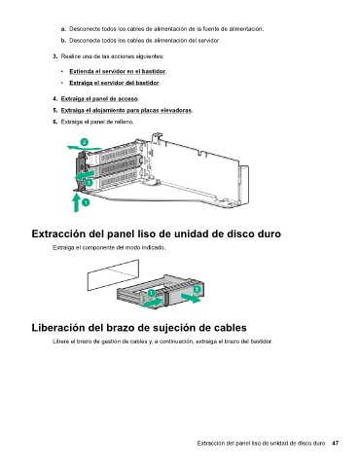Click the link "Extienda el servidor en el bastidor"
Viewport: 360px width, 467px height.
[118, 71]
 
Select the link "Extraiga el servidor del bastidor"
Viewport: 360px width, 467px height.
[114, 83]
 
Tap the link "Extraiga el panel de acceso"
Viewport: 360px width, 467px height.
[99, 98]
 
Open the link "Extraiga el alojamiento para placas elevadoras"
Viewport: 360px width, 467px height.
[126, 110]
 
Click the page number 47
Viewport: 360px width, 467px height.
[335, 443]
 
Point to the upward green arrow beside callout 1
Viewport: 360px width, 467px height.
[76, 202]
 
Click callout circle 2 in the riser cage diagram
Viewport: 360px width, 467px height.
[84, 142]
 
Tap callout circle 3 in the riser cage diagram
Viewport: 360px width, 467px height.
[89, 183]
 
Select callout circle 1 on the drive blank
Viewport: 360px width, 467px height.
[151, 293]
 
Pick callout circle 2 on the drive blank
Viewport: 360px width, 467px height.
[197, 289]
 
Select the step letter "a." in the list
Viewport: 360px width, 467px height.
[63, 29]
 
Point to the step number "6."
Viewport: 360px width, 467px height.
[55, 122]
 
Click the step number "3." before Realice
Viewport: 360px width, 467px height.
[55, 56]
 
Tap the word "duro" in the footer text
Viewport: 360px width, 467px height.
[319, 443]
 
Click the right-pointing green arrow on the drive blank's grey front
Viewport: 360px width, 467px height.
[191, 298]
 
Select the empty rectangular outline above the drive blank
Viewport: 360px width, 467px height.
[113, 275]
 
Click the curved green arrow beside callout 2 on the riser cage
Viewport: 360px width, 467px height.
[85, 148]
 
